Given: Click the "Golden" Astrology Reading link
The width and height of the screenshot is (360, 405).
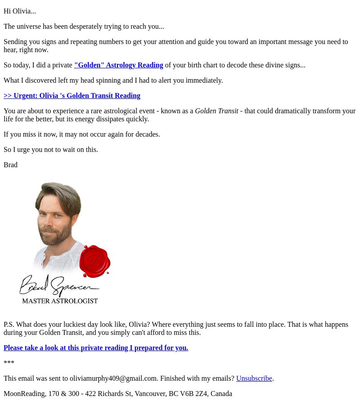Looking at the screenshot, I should pyautogui.click(x=118, y=65).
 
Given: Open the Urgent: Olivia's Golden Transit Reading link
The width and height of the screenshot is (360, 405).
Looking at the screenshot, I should pyautogui.click(x=72, y=96).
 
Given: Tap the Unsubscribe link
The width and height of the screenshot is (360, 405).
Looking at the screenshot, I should pyautogui.click(x=254, y=378).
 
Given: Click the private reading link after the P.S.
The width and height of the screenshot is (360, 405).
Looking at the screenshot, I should pyautogui.click(x=96, y=348).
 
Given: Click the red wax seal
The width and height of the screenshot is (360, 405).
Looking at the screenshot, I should pyautogui.click(x=94, y=261).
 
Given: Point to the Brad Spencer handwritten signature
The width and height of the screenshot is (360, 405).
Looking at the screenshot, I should pyautogui.click(x=58, y=285).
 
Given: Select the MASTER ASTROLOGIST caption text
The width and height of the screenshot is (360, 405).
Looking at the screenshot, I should pyautogui.click(x=60, y=301).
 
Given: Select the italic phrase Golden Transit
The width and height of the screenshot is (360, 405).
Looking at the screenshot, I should pyautogui.click(x=216, y=111).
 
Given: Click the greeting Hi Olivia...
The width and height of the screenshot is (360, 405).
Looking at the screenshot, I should pyautogui.click(x=19, y=11).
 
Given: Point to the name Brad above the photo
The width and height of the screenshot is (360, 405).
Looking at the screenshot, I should pyautogui.click(x=10, y=165).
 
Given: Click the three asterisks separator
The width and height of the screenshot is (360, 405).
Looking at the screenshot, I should pyautogui.click(x=9, y=363).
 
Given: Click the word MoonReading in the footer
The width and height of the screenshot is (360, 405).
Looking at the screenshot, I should pyautogui.click(x=24, y=394).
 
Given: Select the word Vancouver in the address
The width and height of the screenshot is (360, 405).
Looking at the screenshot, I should pyautogui.click(x=150, y=394).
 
